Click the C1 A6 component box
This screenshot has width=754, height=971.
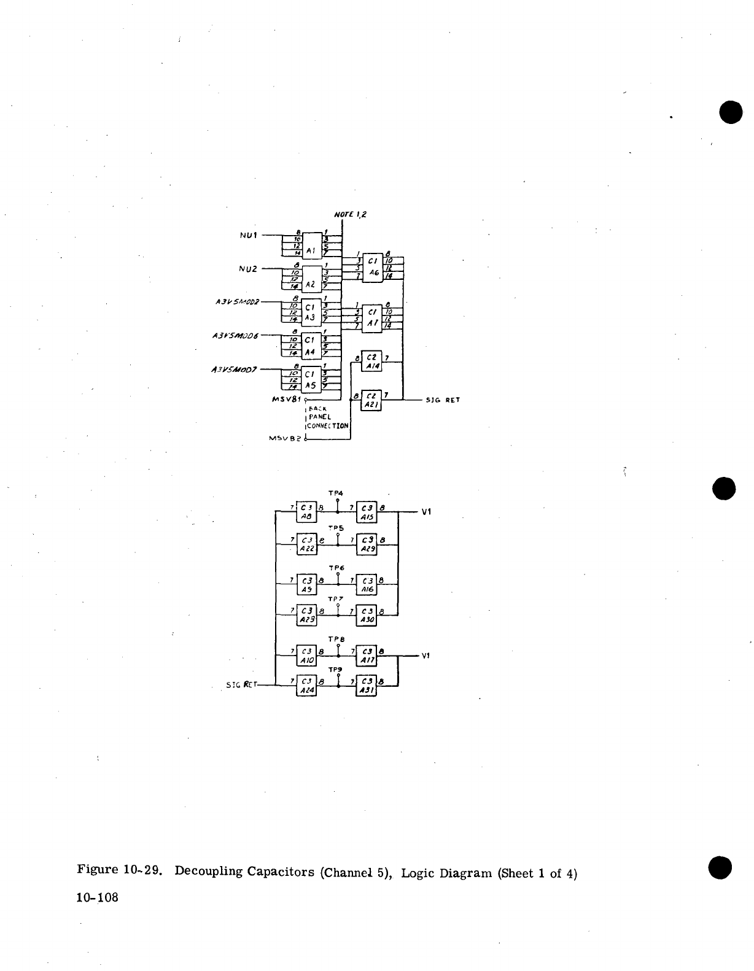click(373, 268)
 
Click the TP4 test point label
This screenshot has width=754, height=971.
click(336, 493)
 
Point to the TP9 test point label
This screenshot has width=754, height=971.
click(336, 670)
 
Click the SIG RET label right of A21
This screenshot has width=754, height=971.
click(443, 400)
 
